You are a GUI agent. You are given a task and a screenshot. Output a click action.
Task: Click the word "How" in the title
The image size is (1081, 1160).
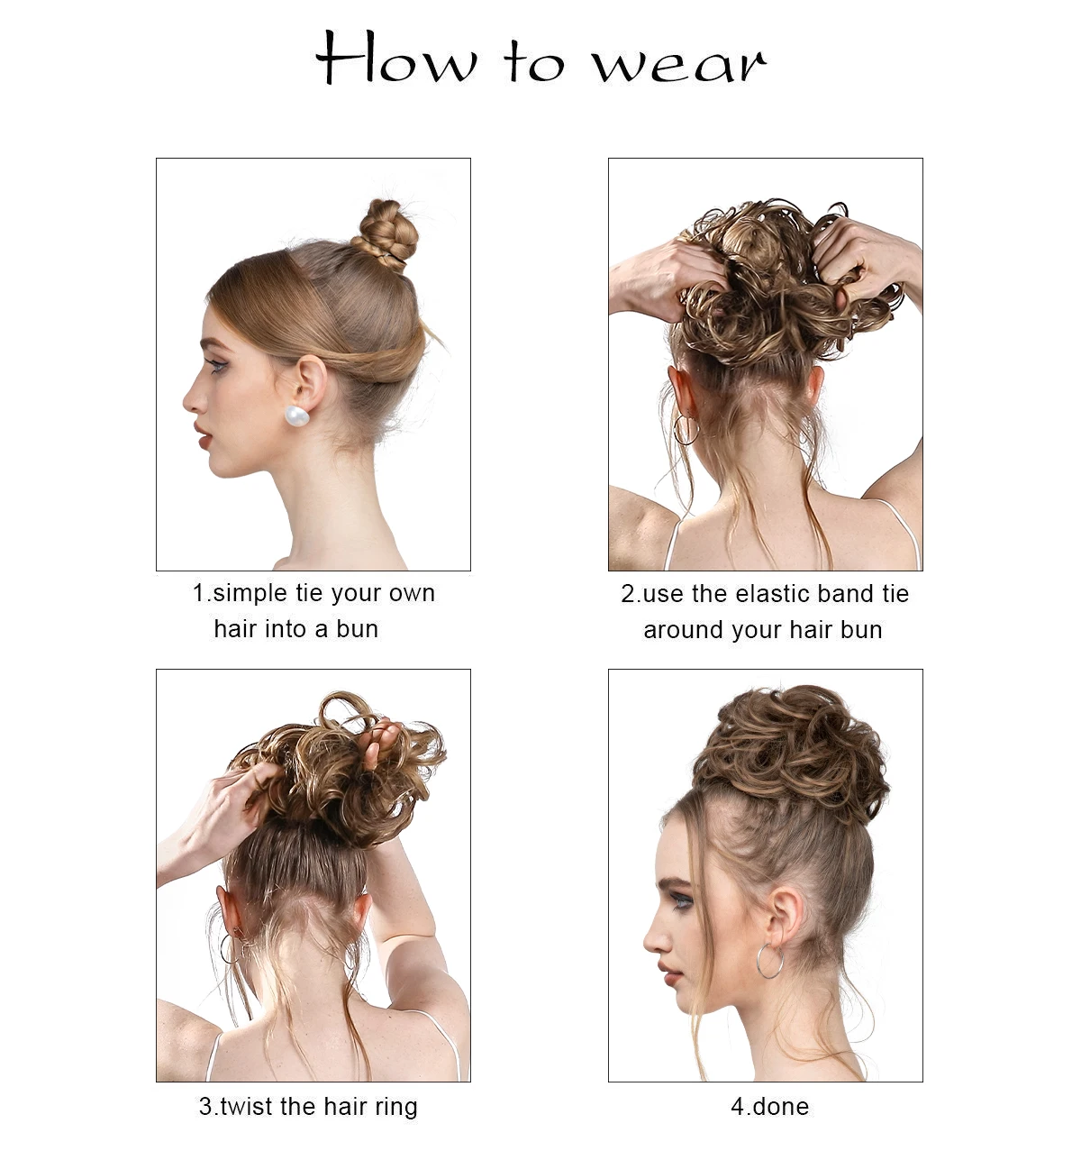point(396,59)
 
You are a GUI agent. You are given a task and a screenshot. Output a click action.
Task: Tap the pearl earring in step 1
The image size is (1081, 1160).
point(297,416)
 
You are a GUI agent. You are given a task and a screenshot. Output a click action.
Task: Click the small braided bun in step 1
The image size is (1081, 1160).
point(386,233)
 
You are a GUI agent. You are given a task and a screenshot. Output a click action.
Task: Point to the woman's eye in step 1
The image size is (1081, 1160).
point(216,366)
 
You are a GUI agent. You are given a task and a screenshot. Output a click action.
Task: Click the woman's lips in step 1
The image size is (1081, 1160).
point(204,438)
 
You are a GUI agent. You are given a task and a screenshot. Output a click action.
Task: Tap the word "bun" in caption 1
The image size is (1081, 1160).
point(358,629)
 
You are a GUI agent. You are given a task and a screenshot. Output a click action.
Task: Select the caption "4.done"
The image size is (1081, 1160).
point(769,1106)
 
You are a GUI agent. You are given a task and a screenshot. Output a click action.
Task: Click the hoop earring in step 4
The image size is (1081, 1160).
point(769,962)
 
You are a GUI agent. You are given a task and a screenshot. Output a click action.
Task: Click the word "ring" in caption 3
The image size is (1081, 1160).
point(394,1107)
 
